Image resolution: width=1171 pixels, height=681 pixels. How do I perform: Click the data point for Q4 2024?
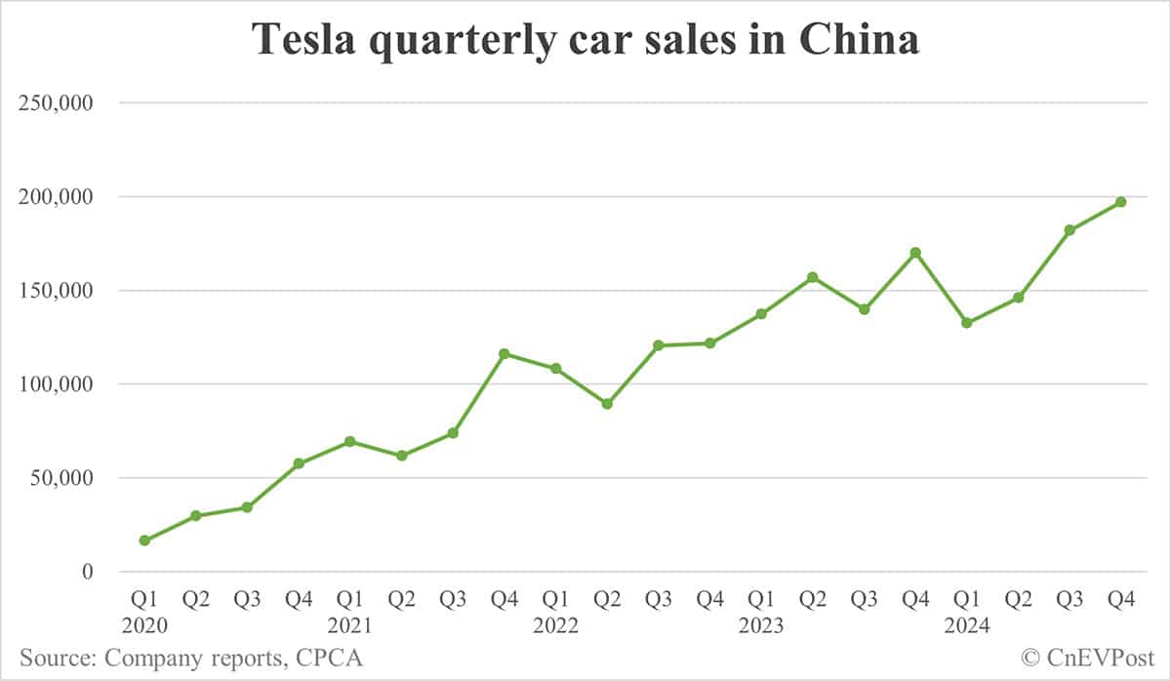click(1120, 202)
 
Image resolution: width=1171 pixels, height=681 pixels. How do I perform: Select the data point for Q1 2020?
click(145, 541)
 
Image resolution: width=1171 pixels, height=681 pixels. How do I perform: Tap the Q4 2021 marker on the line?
click(505, 354)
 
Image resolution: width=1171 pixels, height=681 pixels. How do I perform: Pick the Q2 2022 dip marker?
click(607, 404)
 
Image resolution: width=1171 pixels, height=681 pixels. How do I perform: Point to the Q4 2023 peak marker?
click(915, 253)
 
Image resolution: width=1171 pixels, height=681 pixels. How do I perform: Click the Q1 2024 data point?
click(966, 323)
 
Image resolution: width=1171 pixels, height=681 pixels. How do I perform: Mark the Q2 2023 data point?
click(813, 277)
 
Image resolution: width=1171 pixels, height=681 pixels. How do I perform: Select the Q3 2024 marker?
click(1070, 230)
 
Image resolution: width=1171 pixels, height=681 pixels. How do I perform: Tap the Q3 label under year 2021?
click(453, 600)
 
